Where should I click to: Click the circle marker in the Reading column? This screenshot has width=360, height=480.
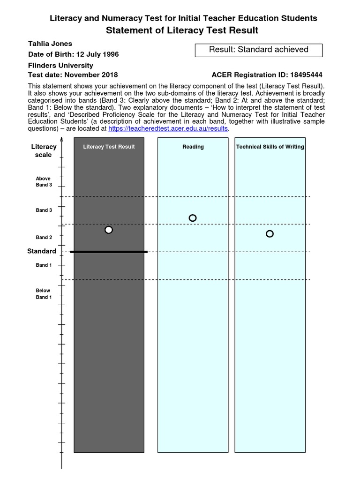pos(192,218)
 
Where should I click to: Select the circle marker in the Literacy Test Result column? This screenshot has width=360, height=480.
pos(109,230)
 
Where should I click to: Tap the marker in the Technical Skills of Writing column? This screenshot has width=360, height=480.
pos(270,234)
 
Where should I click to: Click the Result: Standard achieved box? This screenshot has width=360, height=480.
pos(258,50)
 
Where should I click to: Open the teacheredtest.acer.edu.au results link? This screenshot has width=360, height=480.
pos(168,129)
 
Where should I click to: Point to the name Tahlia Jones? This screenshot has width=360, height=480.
pos(50,44)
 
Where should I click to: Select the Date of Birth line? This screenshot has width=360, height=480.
pos(74,54)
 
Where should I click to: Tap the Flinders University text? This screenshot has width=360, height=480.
pos(60,66)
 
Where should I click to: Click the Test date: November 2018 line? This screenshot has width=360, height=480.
pos(73,75)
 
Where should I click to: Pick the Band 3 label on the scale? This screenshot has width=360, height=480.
pos(44,210)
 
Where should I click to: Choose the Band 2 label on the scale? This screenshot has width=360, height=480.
pos(44,238)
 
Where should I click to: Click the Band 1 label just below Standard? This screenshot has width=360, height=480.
pos(44,265)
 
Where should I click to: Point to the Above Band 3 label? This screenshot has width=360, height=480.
pos(44,182)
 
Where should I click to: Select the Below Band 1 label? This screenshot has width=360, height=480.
pos(44,294)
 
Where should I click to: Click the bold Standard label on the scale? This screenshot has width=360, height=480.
pos(42,251)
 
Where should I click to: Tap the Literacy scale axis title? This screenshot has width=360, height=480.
pos(44,150)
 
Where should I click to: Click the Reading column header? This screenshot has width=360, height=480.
pos(193,147)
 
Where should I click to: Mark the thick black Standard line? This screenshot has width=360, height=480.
pos(109,252)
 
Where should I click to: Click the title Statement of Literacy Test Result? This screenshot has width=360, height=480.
pos(182,30)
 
